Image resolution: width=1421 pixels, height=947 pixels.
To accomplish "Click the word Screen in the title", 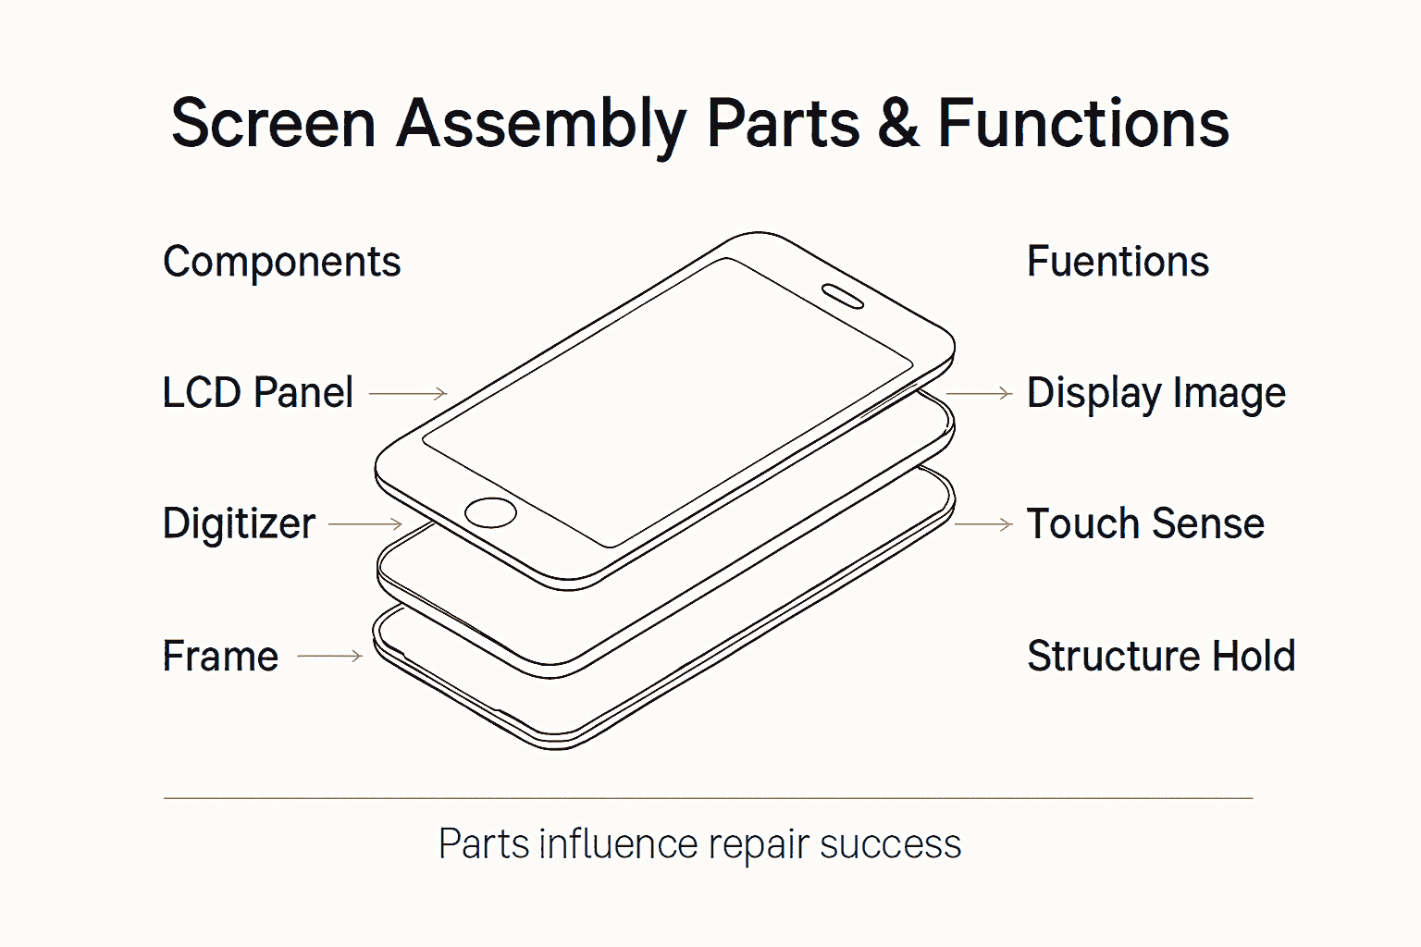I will pyautogui.click(x=273, y=124).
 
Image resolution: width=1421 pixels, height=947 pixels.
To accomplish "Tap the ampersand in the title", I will pyautogui.click(x=897, y=124).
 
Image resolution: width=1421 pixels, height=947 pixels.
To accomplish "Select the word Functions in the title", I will pyautogui.click(x=1082, y=124).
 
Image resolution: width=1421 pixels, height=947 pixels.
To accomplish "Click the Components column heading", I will pyautogui.click(x=281, y=263).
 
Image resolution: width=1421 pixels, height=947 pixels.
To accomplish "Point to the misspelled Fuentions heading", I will pyautogui.click(x=1118, y=263).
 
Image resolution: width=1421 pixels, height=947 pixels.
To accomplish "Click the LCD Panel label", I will pyautogui.click(x=257, y=393).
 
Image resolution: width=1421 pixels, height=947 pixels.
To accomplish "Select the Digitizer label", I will pyautogui.click(x=239, y=524).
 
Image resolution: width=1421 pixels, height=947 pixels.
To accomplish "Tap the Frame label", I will pyautogui.click(x=220, y=657).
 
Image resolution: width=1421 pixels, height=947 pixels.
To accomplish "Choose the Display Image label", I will pyautogui.click(x=1155, y=394).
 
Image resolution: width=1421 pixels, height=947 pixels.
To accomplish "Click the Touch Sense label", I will pyautogui.click(x=1145, y=524).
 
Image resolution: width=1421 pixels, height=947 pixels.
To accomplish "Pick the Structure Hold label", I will pyautogui.click(x=1160, y=657).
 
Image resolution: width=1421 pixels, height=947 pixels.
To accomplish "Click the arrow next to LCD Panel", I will pyautogui.click(x=408, y=393).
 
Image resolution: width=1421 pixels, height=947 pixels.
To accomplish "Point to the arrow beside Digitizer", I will pyautogui.click(x=365, y=524).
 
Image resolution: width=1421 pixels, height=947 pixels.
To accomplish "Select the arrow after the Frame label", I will pyautogui.click(x=329, y=657).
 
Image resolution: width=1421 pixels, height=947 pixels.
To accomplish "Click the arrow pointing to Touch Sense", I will pyautogui.click(x=983, y=524).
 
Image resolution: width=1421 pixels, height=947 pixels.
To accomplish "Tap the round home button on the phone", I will pyautogui.click(x=490, y=512).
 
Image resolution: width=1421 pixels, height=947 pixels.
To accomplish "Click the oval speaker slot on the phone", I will pyautogui.click(x=843, y=296).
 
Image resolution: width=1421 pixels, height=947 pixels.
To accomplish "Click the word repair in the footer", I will pyautogui.click(x=760, y=844).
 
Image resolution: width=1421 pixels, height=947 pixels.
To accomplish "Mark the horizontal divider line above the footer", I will pyautogui.click(x=708, y=797).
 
